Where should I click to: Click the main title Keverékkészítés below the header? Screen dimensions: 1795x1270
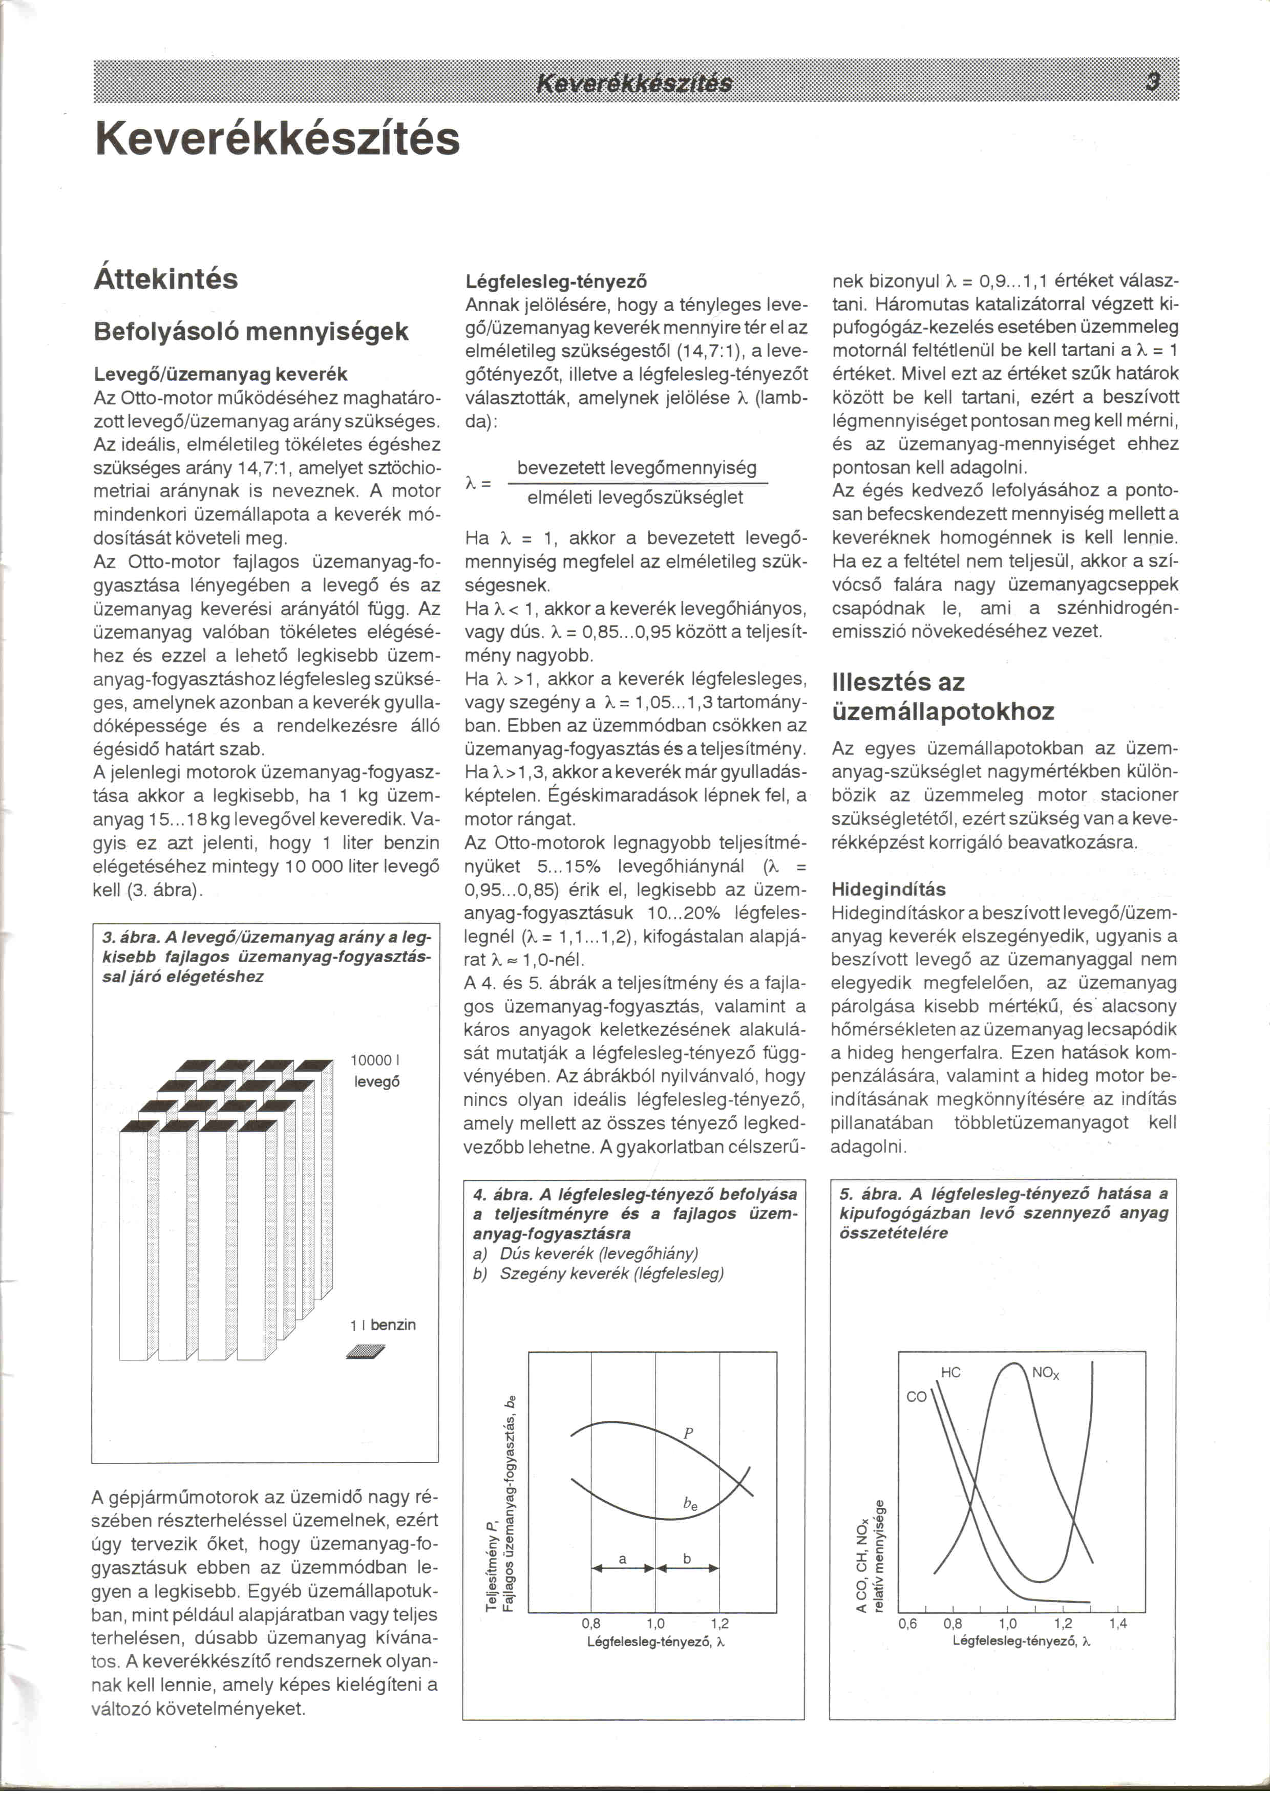tap(277, 139)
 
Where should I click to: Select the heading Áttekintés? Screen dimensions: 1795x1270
tap(166, 279)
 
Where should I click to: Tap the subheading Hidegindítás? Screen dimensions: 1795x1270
tap(888, 889)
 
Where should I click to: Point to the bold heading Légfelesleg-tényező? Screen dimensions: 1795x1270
tap(556, 282)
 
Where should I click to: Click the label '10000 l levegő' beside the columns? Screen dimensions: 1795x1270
tap(376, 1071)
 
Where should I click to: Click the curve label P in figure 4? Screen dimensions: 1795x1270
tap(688, 1433)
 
